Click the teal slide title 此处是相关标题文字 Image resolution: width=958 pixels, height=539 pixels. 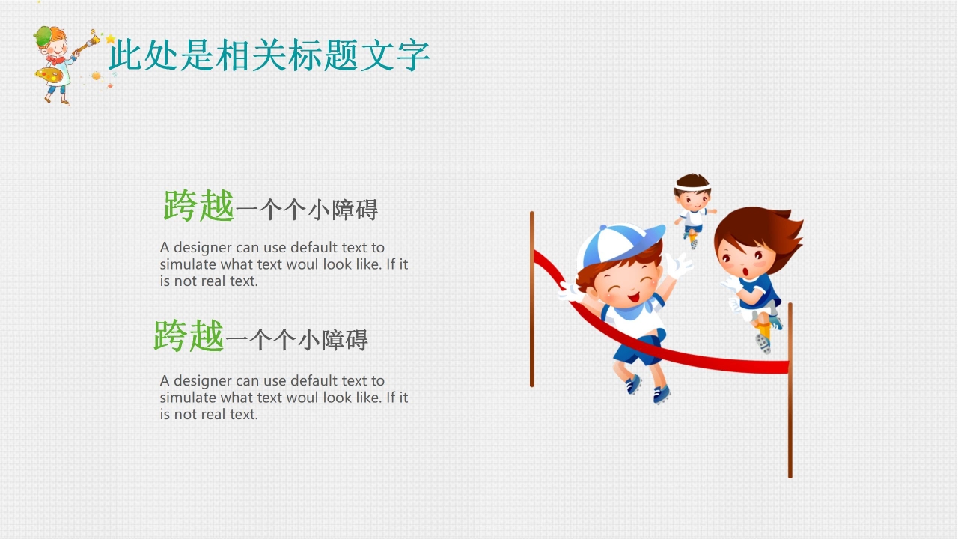[x=269, y=56]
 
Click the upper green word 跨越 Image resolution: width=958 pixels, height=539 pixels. [x=199, y=206]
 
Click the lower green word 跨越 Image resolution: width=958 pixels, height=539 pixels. [x=189, y=336]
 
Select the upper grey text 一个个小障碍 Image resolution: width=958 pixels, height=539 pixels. [x=306, y=210]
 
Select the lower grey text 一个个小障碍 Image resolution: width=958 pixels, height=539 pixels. [x=296, y=341]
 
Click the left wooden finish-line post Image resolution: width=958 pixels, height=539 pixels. [x=532, y=299]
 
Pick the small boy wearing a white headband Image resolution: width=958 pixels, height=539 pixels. [x=692, y=206]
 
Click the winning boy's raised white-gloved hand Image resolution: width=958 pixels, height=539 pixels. [x=679, y=265]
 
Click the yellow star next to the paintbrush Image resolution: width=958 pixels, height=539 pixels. [x=111, y=39]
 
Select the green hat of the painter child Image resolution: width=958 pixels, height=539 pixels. [x=44, y=34]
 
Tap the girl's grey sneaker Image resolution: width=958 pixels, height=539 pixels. [x=763, y=344]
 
